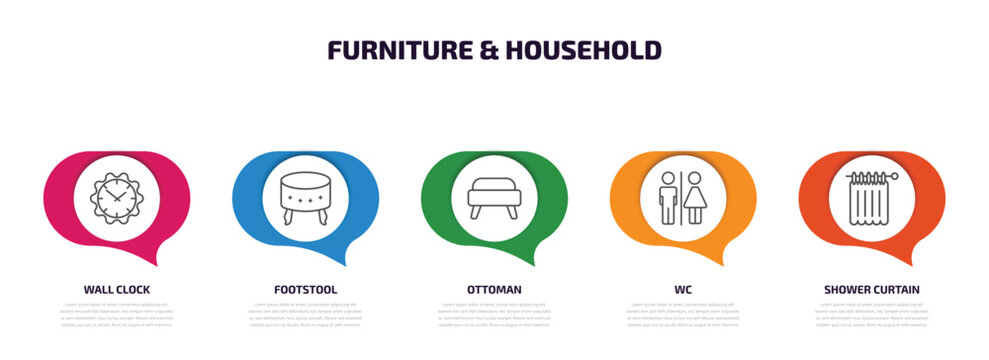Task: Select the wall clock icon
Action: point(117,196)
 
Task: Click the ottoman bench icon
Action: point(494,197)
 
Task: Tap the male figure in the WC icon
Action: point(669,196)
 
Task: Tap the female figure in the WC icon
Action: point(695,196)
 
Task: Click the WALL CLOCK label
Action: point(117,289)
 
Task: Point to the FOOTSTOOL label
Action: point(306,289)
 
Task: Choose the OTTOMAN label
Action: point(494,289)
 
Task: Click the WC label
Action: point(683,289)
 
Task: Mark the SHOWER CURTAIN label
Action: point(872,289)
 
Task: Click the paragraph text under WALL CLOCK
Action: point(117,314)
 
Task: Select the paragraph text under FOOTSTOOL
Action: point(306,314)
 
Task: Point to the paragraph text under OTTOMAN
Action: point(494,314)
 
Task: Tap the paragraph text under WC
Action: point(683,314)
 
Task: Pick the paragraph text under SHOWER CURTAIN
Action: point(872,314)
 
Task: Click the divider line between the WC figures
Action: point(682,196)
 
